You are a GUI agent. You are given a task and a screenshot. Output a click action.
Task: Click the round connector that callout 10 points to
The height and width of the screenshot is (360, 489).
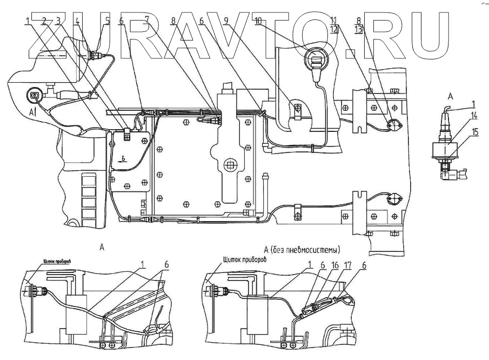tap(316, 58)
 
